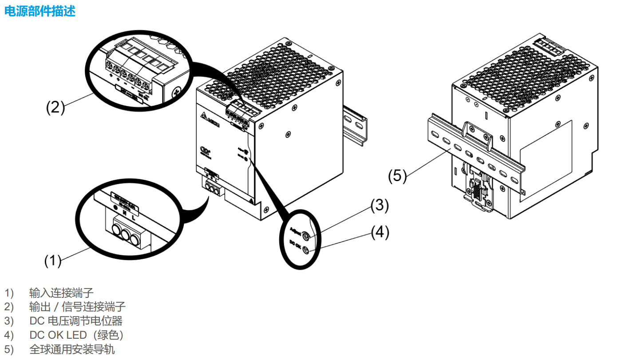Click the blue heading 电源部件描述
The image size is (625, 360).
click(x=40, y=11)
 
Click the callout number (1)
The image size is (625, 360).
click(x=53, y=261)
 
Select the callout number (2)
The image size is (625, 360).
click(x=55, y=108)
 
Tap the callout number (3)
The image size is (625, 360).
click(x=380, y=206)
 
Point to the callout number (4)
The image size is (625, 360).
click(x=380, y=232)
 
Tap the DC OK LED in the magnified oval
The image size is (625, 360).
click(x=306, y=251)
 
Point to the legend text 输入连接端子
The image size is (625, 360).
click(x=61, y=293)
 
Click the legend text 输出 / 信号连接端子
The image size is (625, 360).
click(x=77, y=307)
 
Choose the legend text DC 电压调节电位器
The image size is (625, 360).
click(x=75, y=321)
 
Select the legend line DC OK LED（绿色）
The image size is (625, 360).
click(x=76, y=335)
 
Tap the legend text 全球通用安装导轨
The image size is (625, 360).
click(x=72, y=349)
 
